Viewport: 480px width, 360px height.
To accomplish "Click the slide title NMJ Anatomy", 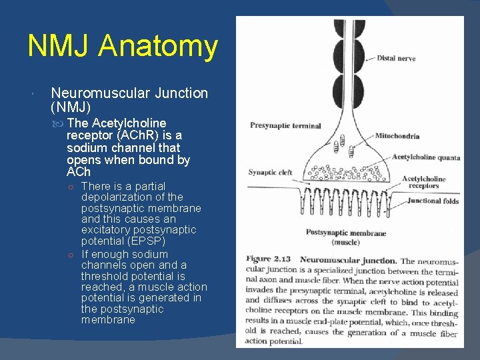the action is click(x=123, y=47).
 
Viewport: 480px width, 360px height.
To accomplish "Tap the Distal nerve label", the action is click(x=396, y=58).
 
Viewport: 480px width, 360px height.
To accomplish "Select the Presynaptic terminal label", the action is click(x=285, y=125).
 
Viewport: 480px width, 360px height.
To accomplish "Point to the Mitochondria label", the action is click(x=397, y=136).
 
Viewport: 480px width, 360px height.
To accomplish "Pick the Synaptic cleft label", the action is click(x=270, y=172).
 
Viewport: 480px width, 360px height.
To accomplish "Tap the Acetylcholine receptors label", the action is click(x=424, y=182).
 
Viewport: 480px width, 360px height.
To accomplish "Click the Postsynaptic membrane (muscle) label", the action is click(x=345, y=237).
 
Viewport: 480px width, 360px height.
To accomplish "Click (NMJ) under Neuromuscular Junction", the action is click(x=70, y=107).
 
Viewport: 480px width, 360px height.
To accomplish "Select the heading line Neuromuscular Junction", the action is click(x=129, y=93).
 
